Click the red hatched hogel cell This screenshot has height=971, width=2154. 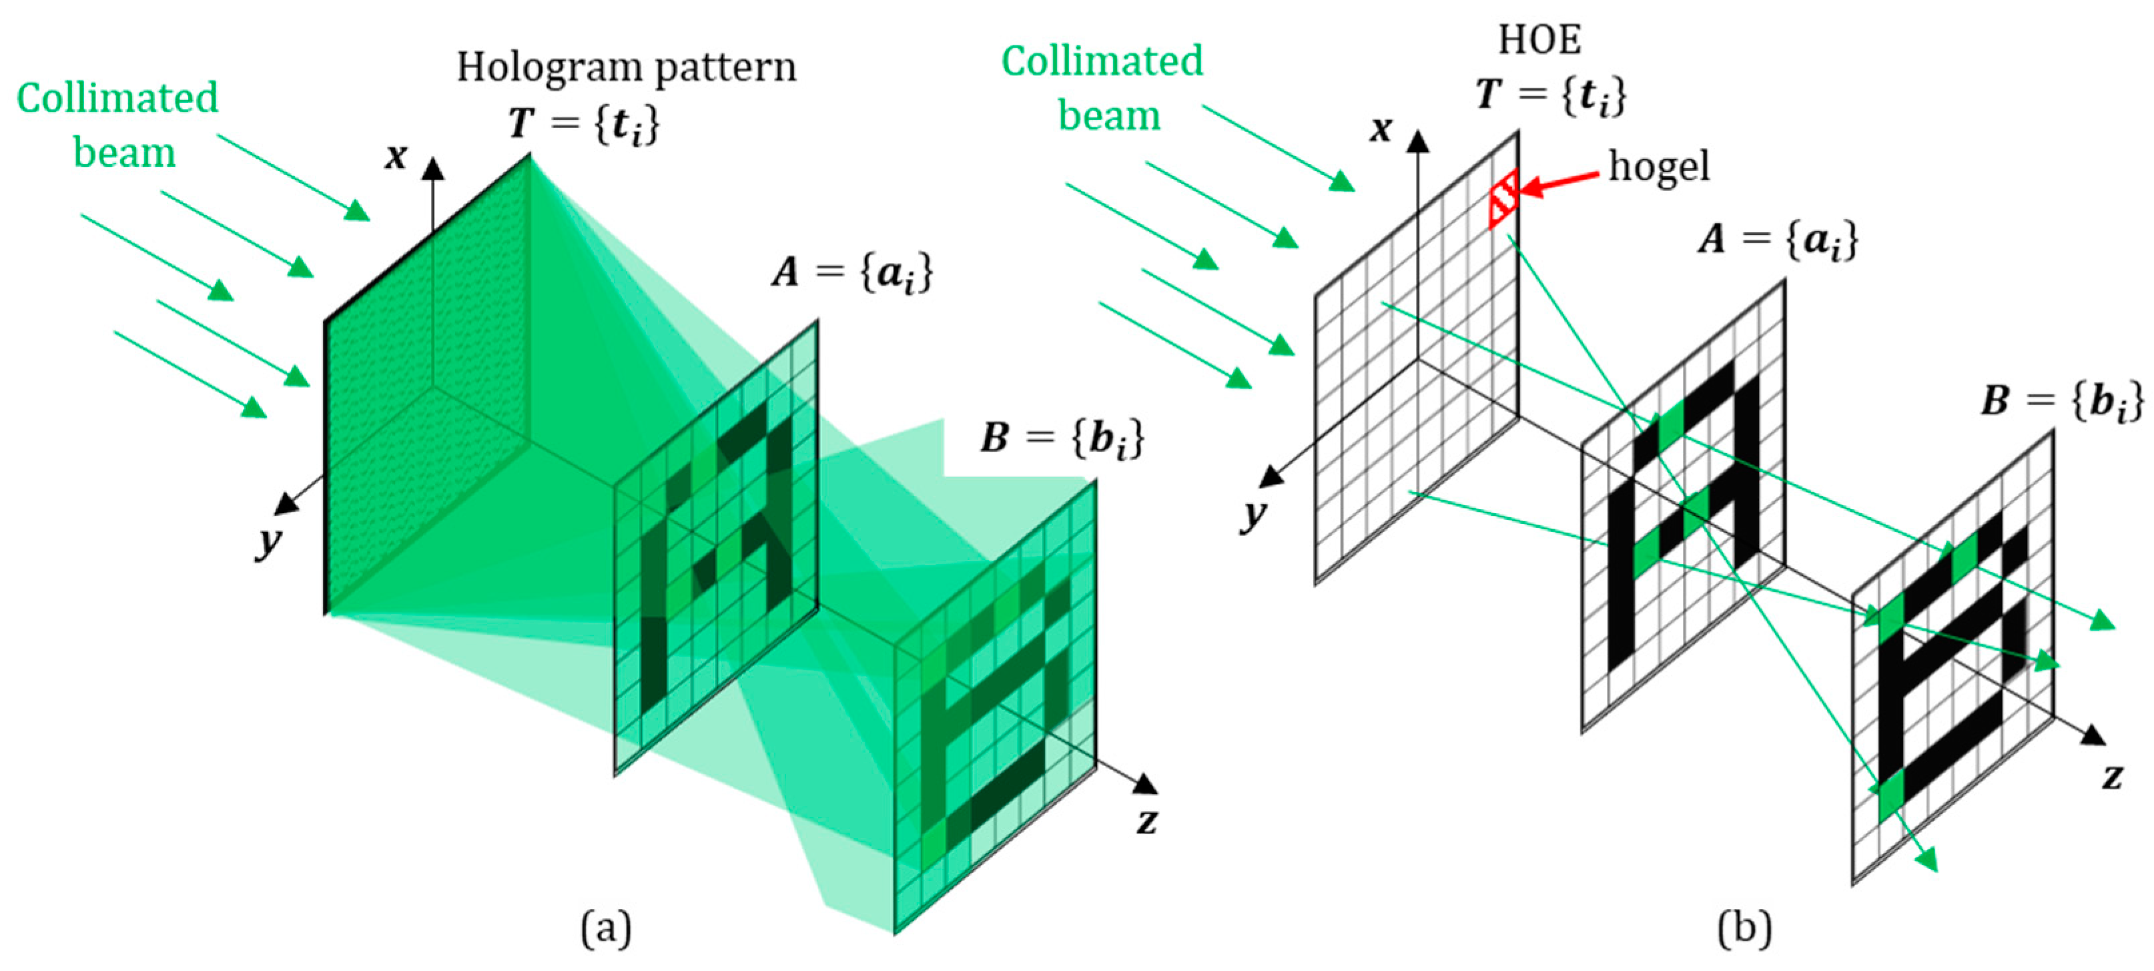click(x=1503, y=199)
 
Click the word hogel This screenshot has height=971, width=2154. click(x=1659, y=166)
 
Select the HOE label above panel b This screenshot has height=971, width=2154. click(x=1539, y=39)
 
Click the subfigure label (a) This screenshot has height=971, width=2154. click(x=607, y=928)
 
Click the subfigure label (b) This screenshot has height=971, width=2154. click(x=1744, y=928)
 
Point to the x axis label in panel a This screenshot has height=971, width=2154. click(x=396, y=156)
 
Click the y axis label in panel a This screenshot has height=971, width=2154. click(x=268, y=542)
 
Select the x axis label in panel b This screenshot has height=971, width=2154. click(x=1381, y=129)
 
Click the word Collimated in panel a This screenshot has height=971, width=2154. click(x=117, y=98)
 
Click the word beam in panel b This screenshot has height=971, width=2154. click(x=1109, y=115)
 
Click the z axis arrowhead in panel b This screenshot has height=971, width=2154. click(x=2093, y=735)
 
